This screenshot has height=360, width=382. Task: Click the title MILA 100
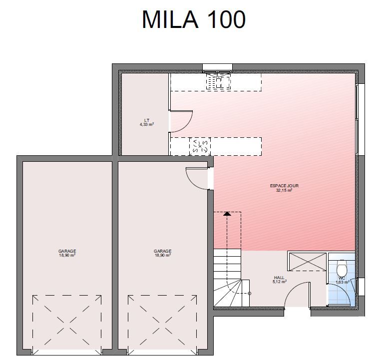tap(194, 19)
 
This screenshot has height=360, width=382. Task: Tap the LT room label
tap(147, 120)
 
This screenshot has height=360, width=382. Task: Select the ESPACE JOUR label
tap(284, 186)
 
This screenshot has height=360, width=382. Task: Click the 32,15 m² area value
tap(284, 190)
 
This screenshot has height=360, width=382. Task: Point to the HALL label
tap(279, 278)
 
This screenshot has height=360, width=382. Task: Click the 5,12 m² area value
tap(280, 282)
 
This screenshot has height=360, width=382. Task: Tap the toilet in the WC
tap(342, 268)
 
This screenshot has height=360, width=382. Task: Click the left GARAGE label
tap(67, 251)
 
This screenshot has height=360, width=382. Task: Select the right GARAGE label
tap(162, 251)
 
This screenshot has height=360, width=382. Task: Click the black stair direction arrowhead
tap(227, 214)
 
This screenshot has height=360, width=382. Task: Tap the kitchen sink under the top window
tap(218, 81)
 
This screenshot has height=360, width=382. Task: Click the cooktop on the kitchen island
tap(200, 146)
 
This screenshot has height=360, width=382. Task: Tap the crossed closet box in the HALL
tap(307, 262)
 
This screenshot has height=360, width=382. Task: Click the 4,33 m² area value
tap(147, 124)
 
